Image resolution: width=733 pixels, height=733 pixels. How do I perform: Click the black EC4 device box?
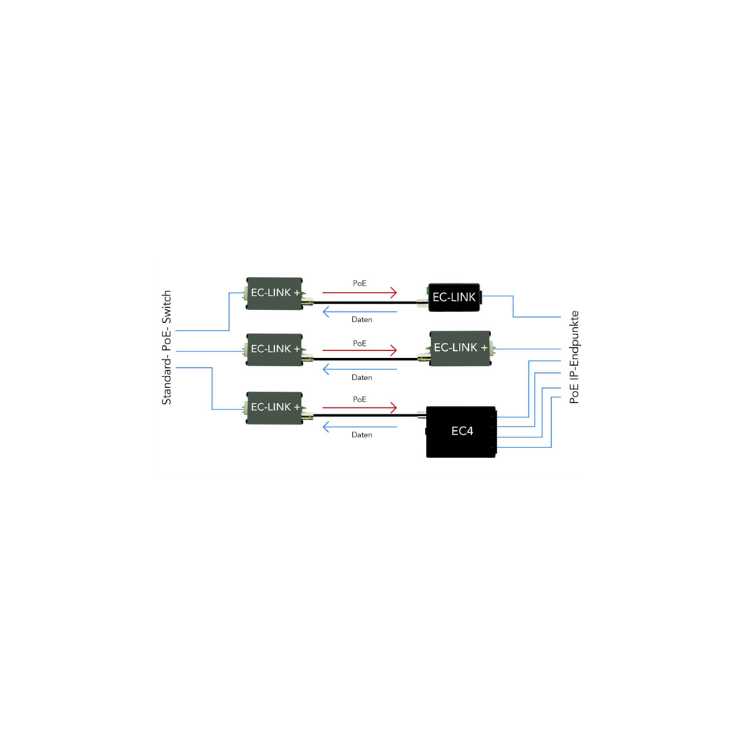click(461, 432)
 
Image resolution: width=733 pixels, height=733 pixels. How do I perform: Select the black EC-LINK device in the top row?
click(454, 297)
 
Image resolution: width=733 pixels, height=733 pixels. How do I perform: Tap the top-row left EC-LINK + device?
click(274, 293)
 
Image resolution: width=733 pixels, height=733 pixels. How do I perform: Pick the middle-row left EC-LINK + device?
click(274, 349)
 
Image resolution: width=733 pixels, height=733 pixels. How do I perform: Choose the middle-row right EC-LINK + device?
click(460, 349)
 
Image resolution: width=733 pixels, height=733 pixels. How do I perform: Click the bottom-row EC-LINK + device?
click(274, 407)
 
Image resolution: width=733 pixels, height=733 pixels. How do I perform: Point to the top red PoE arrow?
click(359, 293)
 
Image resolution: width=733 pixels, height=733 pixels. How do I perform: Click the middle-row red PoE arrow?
click(359, 350)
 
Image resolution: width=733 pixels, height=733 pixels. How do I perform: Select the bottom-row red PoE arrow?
click(359, 407)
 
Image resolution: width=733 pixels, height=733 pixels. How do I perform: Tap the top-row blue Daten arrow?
click(359, 312)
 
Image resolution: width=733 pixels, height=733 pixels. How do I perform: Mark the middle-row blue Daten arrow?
click(359, 369)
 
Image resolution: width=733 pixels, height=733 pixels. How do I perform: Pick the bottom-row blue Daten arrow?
click(359, 427)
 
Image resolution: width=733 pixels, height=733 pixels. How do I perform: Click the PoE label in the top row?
click(359, 283)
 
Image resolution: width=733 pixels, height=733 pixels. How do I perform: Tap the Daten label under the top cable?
click(361, 320)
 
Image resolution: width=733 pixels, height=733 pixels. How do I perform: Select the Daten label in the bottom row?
click(361, 435)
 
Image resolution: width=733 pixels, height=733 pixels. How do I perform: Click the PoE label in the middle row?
click(359, 344)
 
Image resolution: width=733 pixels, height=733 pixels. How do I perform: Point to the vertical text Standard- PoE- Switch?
click(166, 347)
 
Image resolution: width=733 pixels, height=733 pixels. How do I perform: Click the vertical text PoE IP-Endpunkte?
click(575, 357)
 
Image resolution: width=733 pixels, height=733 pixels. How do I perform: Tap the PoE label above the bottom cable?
click(359, 399)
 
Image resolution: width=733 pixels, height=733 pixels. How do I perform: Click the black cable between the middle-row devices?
click(366, 359)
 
